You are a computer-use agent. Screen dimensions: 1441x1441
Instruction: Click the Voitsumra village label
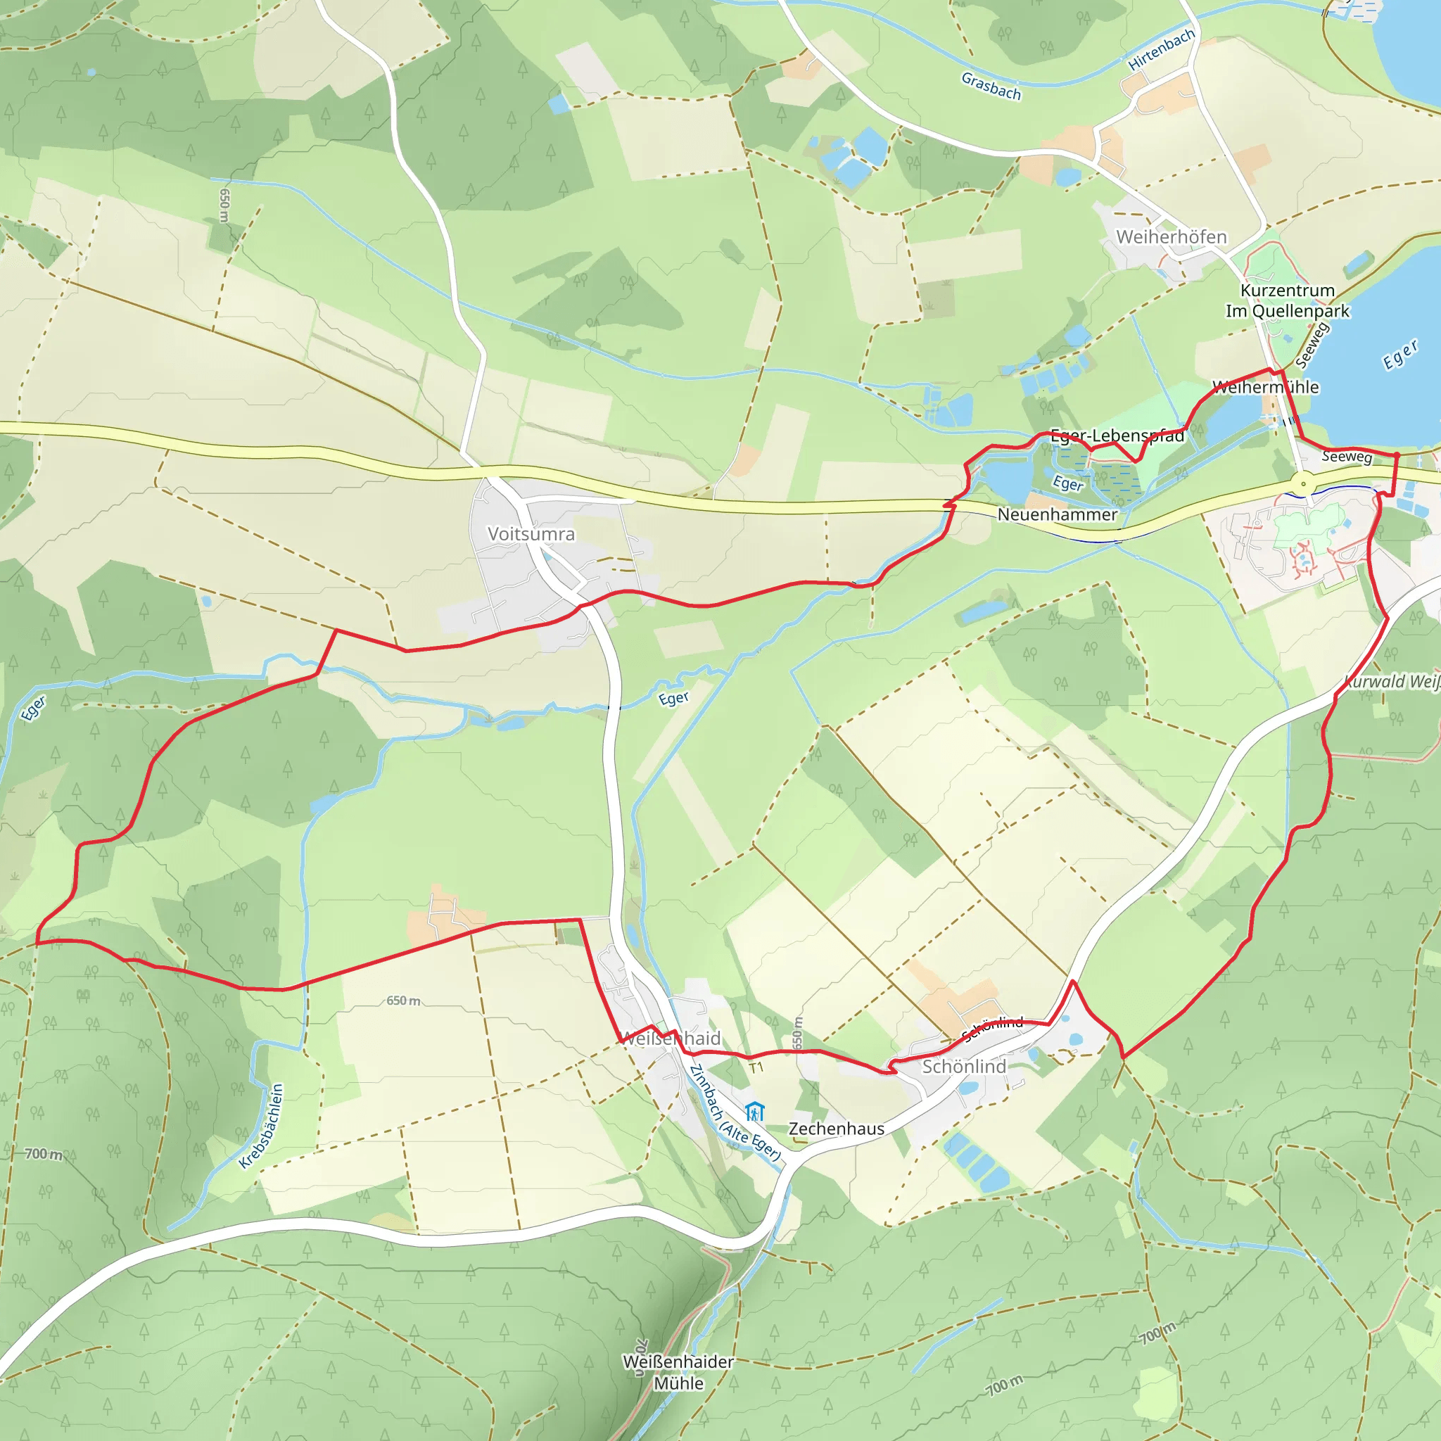coord(531,534)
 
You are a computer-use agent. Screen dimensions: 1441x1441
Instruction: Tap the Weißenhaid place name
coord(671,1039)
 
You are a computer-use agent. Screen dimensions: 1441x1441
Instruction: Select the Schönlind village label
coord(964,1067)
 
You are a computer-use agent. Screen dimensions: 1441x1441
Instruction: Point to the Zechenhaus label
coord(836,1129)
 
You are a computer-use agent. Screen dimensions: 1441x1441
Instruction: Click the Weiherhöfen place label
coord(1171,237)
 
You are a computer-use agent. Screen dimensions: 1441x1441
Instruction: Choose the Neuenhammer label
coord(1057,514)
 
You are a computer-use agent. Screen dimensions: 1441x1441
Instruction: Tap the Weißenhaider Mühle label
coord(678,1372)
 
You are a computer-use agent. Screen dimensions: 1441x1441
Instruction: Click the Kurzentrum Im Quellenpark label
coord(1288,300)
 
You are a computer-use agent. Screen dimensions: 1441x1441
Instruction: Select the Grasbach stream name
coord(991,86)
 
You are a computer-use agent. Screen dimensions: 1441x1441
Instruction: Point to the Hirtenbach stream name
coord(1161,50)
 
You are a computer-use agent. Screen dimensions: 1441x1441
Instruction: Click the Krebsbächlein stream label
coord(262,1126)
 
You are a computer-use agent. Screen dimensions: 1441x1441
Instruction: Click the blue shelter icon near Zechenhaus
coord(755,1111)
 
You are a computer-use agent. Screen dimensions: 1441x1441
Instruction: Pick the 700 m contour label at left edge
coord(43,1154)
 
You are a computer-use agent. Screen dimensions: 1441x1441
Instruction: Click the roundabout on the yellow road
coord(1303,484)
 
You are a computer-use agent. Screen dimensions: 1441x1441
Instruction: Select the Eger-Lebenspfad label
coord(1117,436)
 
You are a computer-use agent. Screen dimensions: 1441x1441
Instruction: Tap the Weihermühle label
coord(1266,387)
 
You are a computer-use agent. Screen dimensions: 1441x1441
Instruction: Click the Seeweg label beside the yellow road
coord(1346,457)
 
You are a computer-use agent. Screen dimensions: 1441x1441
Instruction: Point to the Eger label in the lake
coord(1400,355)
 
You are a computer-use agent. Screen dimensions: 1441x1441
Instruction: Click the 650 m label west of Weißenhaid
coord(402,1001)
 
